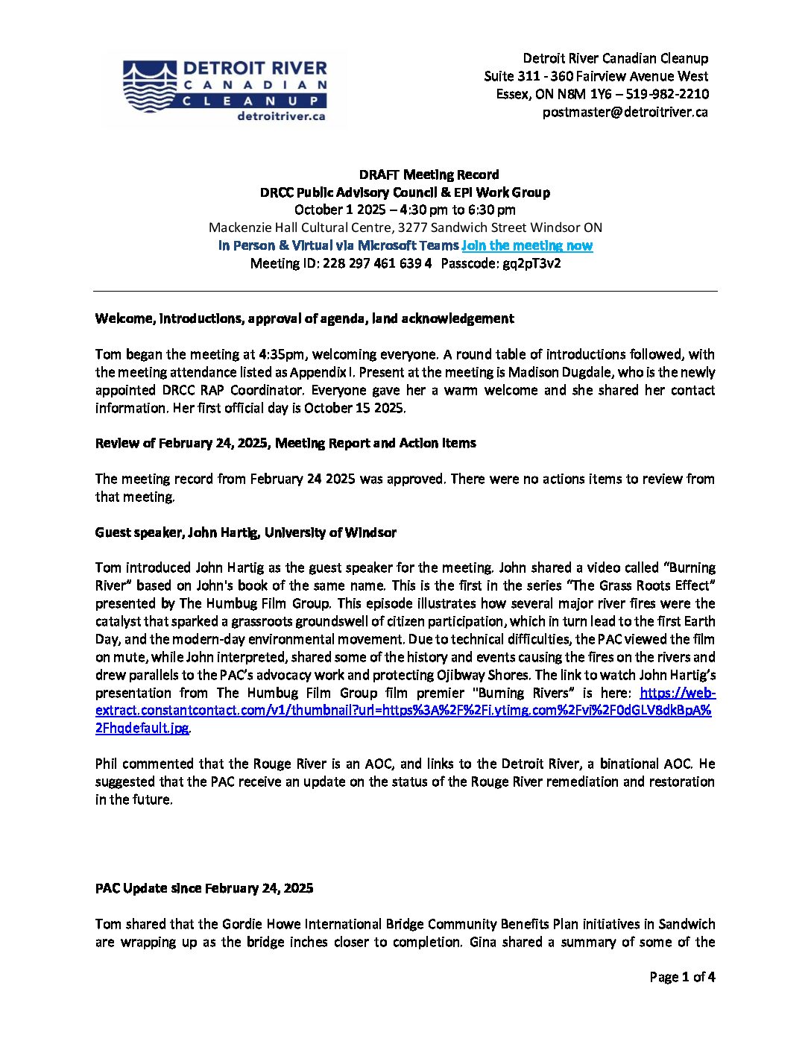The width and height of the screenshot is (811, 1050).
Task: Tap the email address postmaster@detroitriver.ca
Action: tap(625, 113)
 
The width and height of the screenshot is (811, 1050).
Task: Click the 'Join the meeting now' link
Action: tap(527, 246)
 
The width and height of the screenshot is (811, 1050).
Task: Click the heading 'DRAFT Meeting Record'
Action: tap(429, 175)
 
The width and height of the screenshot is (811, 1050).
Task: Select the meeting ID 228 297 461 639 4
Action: tap(376, 264)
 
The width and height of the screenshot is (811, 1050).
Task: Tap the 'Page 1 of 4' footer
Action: tap(681, 977)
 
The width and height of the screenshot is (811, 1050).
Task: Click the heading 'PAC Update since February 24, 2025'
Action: tap(204, 888)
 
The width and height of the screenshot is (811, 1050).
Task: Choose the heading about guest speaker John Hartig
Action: tap(245, 532)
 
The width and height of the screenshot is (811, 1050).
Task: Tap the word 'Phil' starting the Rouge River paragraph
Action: tap(107, 764)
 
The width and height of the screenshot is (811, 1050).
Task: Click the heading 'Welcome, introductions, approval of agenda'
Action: tap(304, 319)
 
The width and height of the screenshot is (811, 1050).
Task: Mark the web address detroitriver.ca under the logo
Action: tap(281, 116)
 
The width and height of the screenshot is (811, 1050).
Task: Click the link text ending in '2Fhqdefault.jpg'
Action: tap(142, 729)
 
